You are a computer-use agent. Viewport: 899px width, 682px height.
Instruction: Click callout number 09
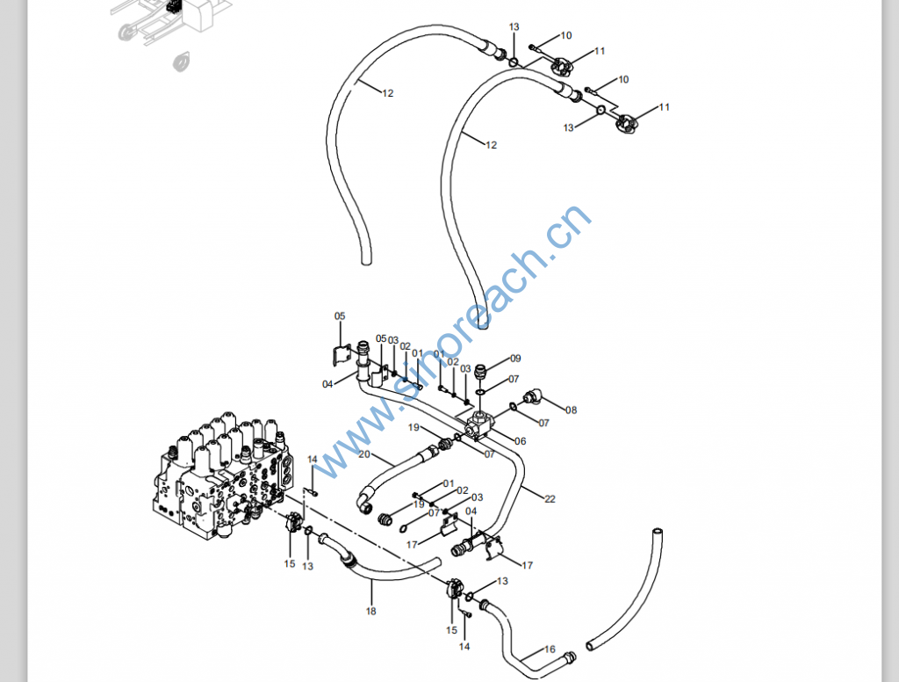pyautogui.click(x=515, y=359)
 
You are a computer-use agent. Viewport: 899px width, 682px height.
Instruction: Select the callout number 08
pyautogui.click(x=571, y=410)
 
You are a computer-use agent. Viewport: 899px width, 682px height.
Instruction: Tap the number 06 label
pyautogui.click(x=521, y=441)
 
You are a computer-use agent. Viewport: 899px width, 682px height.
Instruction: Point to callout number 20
pyautogui.click(x=363, y=454)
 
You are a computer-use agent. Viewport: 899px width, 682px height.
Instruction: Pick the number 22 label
pyautogui.click(x=550, y=499)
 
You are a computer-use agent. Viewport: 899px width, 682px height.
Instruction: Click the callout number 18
pyautogui.click(x=370, y=611)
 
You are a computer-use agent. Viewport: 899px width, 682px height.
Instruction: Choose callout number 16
pyautogui.click(x=550, y=649)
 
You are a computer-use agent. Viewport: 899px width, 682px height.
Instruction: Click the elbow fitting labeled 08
pyautogui.click(x=533, y=398)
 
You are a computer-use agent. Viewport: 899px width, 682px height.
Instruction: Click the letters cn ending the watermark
pyautogui.click(x=571, y=224)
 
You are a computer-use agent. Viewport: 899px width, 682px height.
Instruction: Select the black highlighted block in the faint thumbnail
pyautogui.click(x=174, y=6)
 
